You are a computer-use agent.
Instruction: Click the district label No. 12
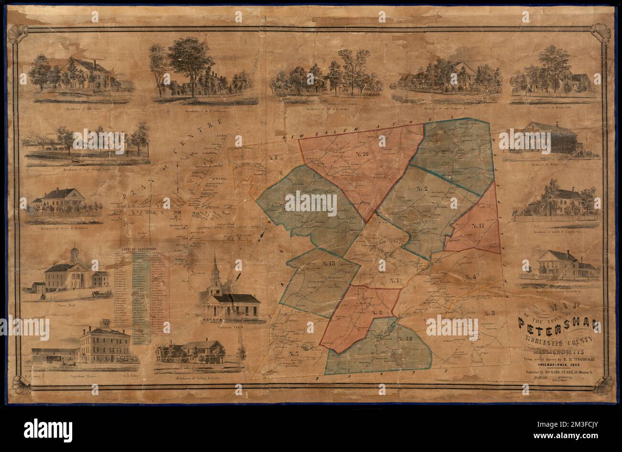coord(405,338)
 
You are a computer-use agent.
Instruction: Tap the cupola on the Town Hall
coord(74,254)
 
